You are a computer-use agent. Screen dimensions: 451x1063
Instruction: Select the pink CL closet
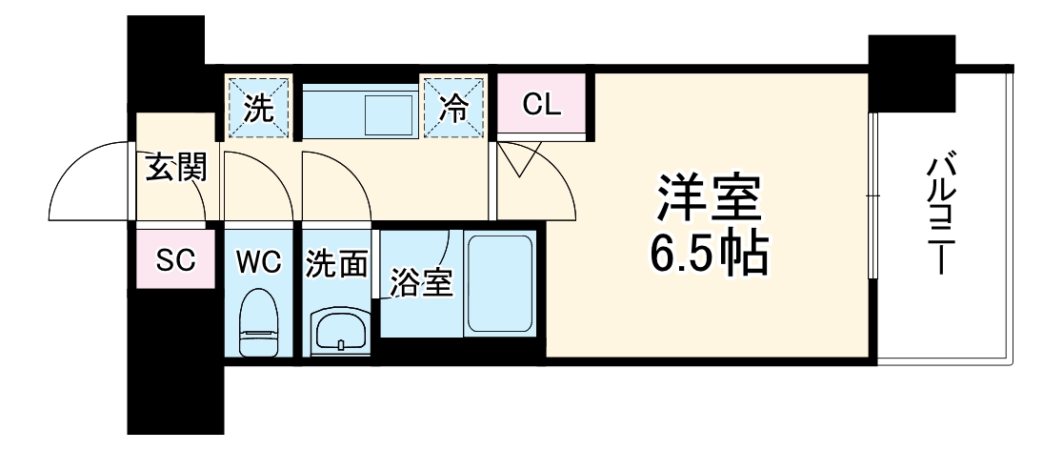[541, 104]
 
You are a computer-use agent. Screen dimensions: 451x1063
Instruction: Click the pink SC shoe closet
[176, 259]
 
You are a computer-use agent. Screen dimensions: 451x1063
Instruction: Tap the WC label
[259, 262]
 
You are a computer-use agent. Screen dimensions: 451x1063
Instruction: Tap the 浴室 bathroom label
[418, 282]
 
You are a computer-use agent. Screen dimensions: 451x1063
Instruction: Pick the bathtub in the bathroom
[499, 282]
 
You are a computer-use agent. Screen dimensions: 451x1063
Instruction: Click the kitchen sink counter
[360, 111]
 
